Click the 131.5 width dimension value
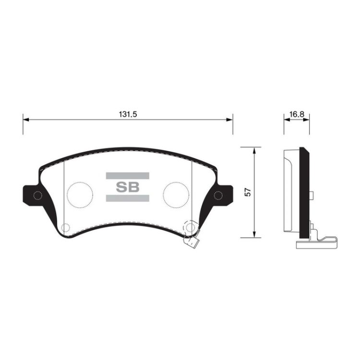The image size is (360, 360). pyautogui.click(x=128, y=114)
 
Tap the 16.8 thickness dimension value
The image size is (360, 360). pyautogui.click(x=297, y=114)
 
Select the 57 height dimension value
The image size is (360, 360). pyautogui.click(x=248, y=192)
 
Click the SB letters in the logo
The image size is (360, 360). pyautogui.click(x=128, y=187)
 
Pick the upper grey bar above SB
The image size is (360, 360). pyautogui.click(x=127, y=176)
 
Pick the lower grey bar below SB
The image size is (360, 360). pyautogui.click(x=127, y=198)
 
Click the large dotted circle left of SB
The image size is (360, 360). pyautogui.click(x=80, y=195)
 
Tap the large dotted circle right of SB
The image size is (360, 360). pyautogui.click(x=176, y=195)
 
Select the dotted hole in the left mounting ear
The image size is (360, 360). pyautogui.click(x=37, y=196)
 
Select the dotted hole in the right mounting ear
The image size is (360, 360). pyautogui.click(x=218, y=196)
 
